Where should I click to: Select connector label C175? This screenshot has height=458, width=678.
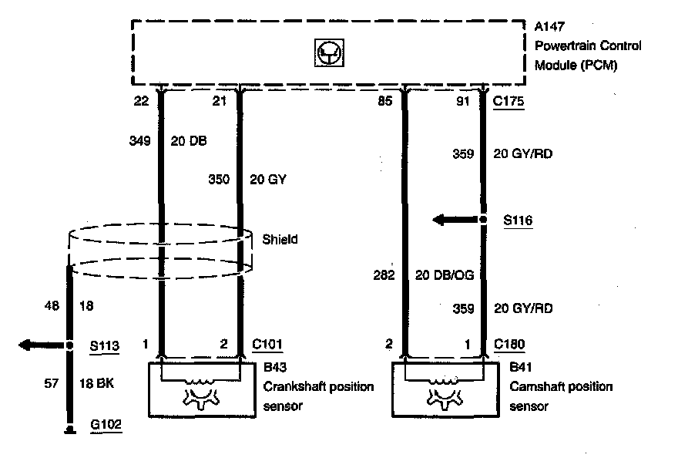(x=509, y=100)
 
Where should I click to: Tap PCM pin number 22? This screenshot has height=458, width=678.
(x=139, y=100)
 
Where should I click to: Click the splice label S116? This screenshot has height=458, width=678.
(x=518, y=221)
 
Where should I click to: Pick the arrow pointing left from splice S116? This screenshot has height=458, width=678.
(x=451, y=220)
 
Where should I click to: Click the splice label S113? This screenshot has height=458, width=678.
(x=105, y=346)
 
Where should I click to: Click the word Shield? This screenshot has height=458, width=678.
(x=280, y=240)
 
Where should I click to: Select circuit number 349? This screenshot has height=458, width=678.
(x=139, y=141)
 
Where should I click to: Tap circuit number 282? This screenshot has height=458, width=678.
(x=384, y=275)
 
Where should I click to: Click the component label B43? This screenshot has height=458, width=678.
(x=274, y=368)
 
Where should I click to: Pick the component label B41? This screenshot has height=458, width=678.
(x=520, y=368)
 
